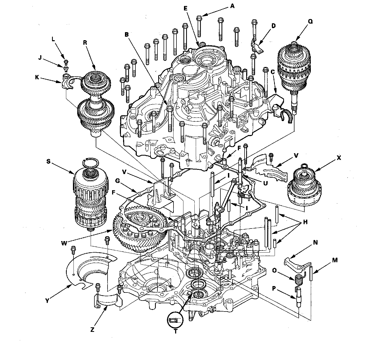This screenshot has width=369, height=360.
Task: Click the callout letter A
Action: click(x=232, y=6)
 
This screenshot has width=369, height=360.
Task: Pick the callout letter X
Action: click(x=339, y=158)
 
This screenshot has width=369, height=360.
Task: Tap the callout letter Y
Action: click(x=47, y=301)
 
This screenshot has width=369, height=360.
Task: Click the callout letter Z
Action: click(x=92, y=330)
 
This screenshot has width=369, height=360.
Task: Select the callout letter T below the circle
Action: click(x=176, y=331)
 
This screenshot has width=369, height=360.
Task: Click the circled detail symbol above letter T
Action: click(x=175, y=320)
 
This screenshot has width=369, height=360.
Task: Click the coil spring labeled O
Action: click(x=298, y=281)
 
